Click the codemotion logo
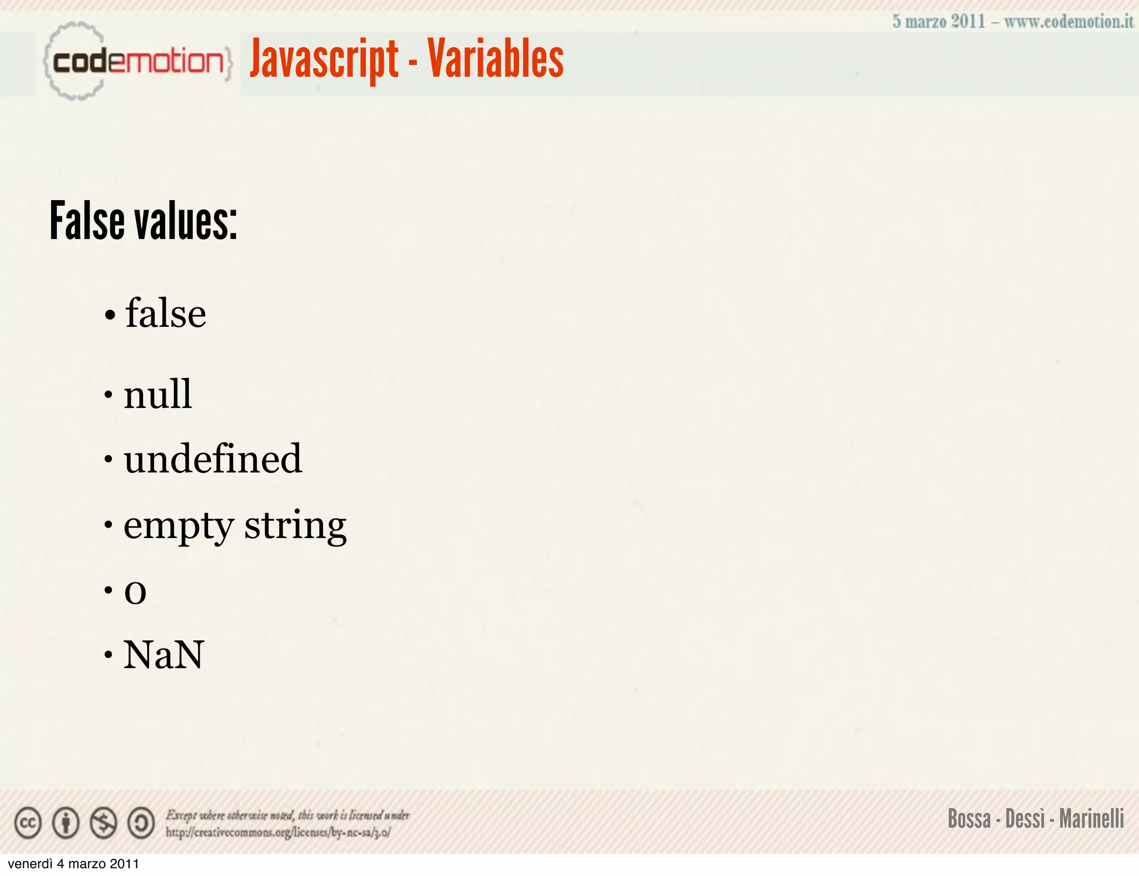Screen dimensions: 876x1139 [x=137, y=61]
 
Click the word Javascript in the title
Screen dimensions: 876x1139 [x=324, y=59]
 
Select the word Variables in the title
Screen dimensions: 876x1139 [x=496, y=59]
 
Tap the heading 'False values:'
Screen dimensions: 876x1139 [x=143, y=221]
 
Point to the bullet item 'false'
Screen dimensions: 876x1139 [x=165, y=313]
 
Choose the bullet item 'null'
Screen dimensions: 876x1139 [x=158, y=394]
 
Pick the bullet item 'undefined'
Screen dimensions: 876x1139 [x=212, y=459]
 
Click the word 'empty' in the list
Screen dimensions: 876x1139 [x=179, y=526]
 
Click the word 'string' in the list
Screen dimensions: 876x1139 [x=295, y=526]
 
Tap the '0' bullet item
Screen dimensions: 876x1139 [x=135, y=591]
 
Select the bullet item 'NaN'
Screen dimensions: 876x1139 [x=164, y=655]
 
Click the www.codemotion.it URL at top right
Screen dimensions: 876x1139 [x=1068, y=22]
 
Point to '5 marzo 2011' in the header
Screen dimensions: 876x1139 [x=939, y=22]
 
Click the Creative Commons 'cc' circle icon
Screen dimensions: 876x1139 [x=28, y=823]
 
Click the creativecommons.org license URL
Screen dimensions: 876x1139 [x=278, y=833]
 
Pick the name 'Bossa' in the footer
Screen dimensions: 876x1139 [x=969, y=819]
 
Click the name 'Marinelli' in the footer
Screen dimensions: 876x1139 [x=1091, y=819]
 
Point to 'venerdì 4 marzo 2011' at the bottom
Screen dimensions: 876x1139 [x=73, y=864]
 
